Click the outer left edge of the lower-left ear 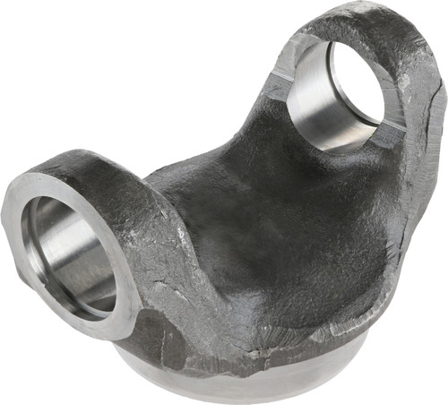coord(7,224)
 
